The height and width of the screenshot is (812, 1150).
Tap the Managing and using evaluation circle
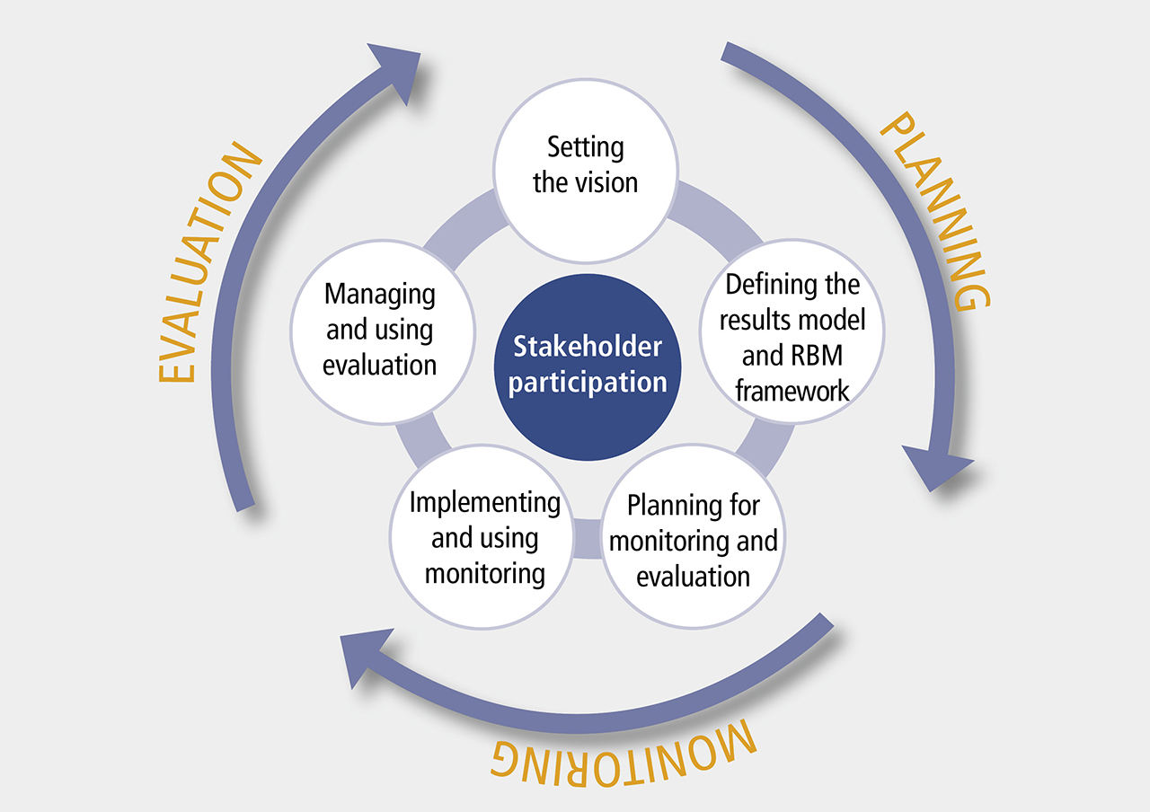tap(382, 330)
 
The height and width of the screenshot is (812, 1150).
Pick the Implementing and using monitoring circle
tap(483, 537)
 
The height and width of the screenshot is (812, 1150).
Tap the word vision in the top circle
tap(607, 182)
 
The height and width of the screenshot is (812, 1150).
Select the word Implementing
tap(484, 503)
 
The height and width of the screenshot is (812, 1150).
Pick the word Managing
tap(379, 295)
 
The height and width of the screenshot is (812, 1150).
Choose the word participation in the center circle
tap(588, 383)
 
